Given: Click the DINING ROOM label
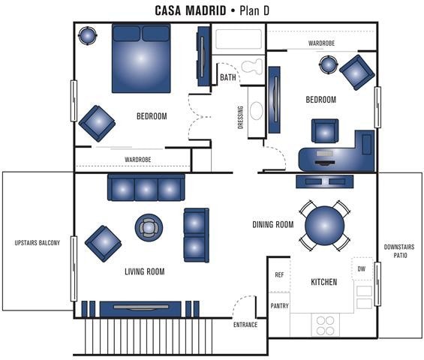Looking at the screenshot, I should pyautogui.click(x=272, y=224).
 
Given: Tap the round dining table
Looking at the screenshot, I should pyautogui.click(x=324, y=225).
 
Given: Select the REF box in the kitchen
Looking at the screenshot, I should pyautogui.click(x=278, y=275).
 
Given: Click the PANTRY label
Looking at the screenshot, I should pyautogui.click(x=279, y=305).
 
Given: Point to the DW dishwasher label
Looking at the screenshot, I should pyautogui.click(x=362, y=268).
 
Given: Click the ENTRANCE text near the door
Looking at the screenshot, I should pyautogui.click(x=245, y=325).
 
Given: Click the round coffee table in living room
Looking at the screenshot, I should pyautogui.click(x=149, y=226).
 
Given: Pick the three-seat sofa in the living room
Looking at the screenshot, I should pyautogui.click(x=146, y=187).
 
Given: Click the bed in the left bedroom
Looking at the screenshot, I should pyautogui.click(x=140, y=58).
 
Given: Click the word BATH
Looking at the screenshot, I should pyautogui.click(x=228, y=77).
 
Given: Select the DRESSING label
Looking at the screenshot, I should pyautogui.click(x=240, y=116).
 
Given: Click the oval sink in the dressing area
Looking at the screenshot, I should pyautogui.click(x=257, y=112).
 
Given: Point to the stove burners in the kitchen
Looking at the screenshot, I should pyautogui.click(x=325, y=325).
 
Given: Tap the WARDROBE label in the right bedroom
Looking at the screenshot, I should pyautogui.click(x=320, y=43).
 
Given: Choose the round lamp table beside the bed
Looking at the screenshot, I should pyautogui.click(x=89, y=34).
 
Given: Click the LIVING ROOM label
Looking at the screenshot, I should pyautogui.click(x=145, y=271).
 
